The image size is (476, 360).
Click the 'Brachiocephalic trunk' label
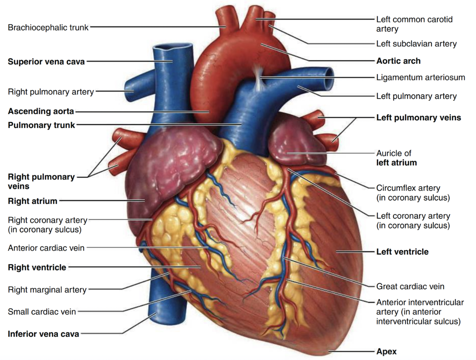(x=48, y=27)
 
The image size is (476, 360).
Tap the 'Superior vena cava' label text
(x=46, y=61)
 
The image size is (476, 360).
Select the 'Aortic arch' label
(x=398, y=61)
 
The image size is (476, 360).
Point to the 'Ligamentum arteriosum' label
(x=420, y=77)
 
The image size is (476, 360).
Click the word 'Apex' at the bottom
(x=386, y=351)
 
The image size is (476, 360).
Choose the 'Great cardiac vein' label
(x=410, y=286)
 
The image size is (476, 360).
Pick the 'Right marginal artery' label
(x=47, y=290)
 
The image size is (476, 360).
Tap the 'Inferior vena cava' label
(x=43, y=334)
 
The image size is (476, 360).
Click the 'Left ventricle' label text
(x=402, y=251)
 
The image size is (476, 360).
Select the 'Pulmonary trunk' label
(x=41, y=125)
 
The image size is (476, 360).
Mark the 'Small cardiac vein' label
(x=42, y=311)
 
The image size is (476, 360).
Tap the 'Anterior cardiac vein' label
(x=46, y=248)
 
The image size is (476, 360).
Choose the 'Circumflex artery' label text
(x=408, y=188)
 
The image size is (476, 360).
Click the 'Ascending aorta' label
(x=41, y=111)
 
